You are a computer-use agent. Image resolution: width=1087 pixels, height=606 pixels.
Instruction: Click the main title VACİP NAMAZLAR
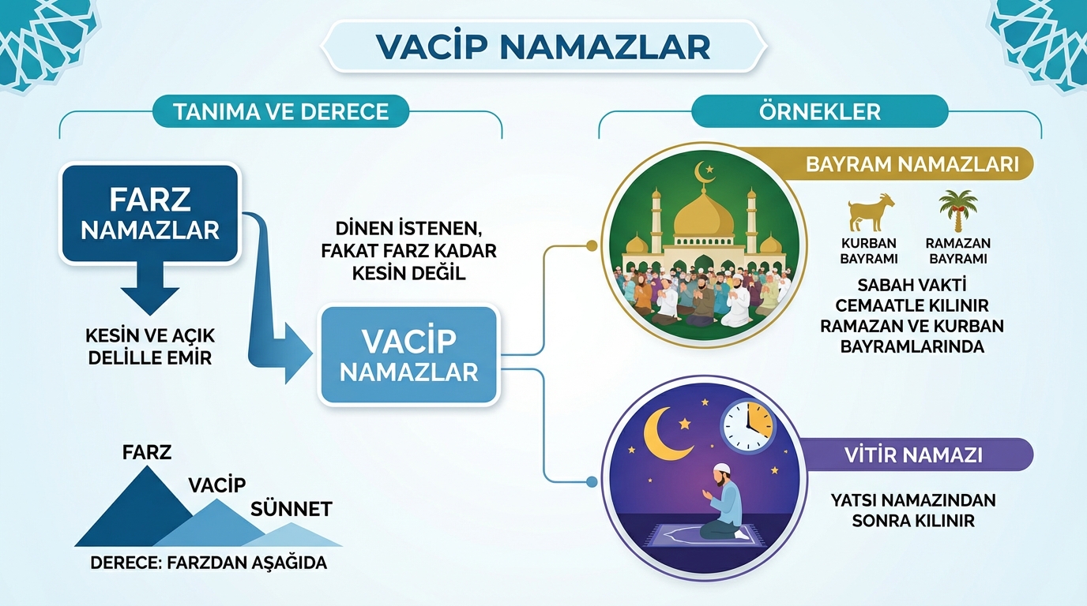point(543,47)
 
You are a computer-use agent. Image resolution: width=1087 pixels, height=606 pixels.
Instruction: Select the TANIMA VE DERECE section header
point(281,111)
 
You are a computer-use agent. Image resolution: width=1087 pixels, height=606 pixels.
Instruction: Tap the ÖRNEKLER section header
point(820,111)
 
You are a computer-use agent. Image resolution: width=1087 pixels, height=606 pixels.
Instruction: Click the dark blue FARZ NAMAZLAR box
point(150,213)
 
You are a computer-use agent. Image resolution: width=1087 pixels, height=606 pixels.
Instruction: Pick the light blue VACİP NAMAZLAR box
point(409,355)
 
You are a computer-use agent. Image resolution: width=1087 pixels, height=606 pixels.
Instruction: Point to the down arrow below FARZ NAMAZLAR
point(150,290)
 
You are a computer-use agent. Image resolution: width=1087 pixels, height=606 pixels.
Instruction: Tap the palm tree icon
point(958,211)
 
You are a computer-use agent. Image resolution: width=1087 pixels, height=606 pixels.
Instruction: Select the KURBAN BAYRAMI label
point(869,251)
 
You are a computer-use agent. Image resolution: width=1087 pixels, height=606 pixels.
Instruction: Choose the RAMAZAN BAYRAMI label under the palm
point(958,251)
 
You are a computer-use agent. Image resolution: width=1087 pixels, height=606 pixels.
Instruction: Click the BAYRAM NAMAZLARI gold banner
point(912,164)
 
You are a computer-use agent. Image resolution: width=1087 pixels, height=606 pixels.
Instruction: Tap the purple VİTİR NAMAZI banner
point(913,454)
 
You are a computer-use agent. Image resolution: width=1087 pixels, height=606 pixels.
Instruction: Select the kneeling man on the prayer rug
point(721,503)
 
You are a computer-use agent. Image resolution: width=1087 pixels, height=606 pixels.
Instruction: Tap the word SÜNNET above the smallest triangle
point(291,509)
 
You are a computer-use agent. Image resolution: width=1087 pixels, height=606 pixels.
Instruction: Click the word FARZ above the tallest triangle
point(147,452)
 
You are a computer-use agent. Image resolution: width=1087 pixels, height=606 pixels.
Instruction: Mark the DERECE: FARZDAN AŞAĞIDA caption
point(209,563)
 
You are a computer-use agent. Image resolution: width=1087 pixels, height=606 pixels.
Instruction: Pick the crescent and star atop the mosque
point(704,172)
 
